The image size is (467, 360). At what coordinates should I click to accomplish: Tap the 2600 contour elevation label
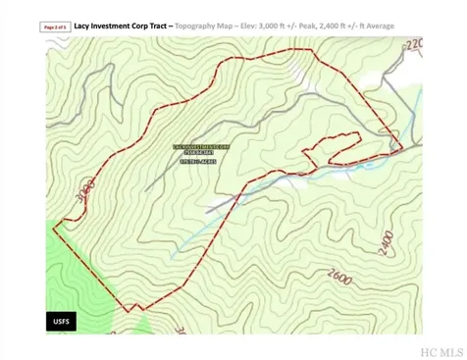point(341,278)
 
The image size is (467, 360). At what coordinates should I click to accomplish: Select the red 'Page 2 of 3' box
point(57,28)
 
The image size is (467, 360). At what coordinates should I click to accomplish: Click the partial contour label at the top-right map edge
point(413,44)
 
